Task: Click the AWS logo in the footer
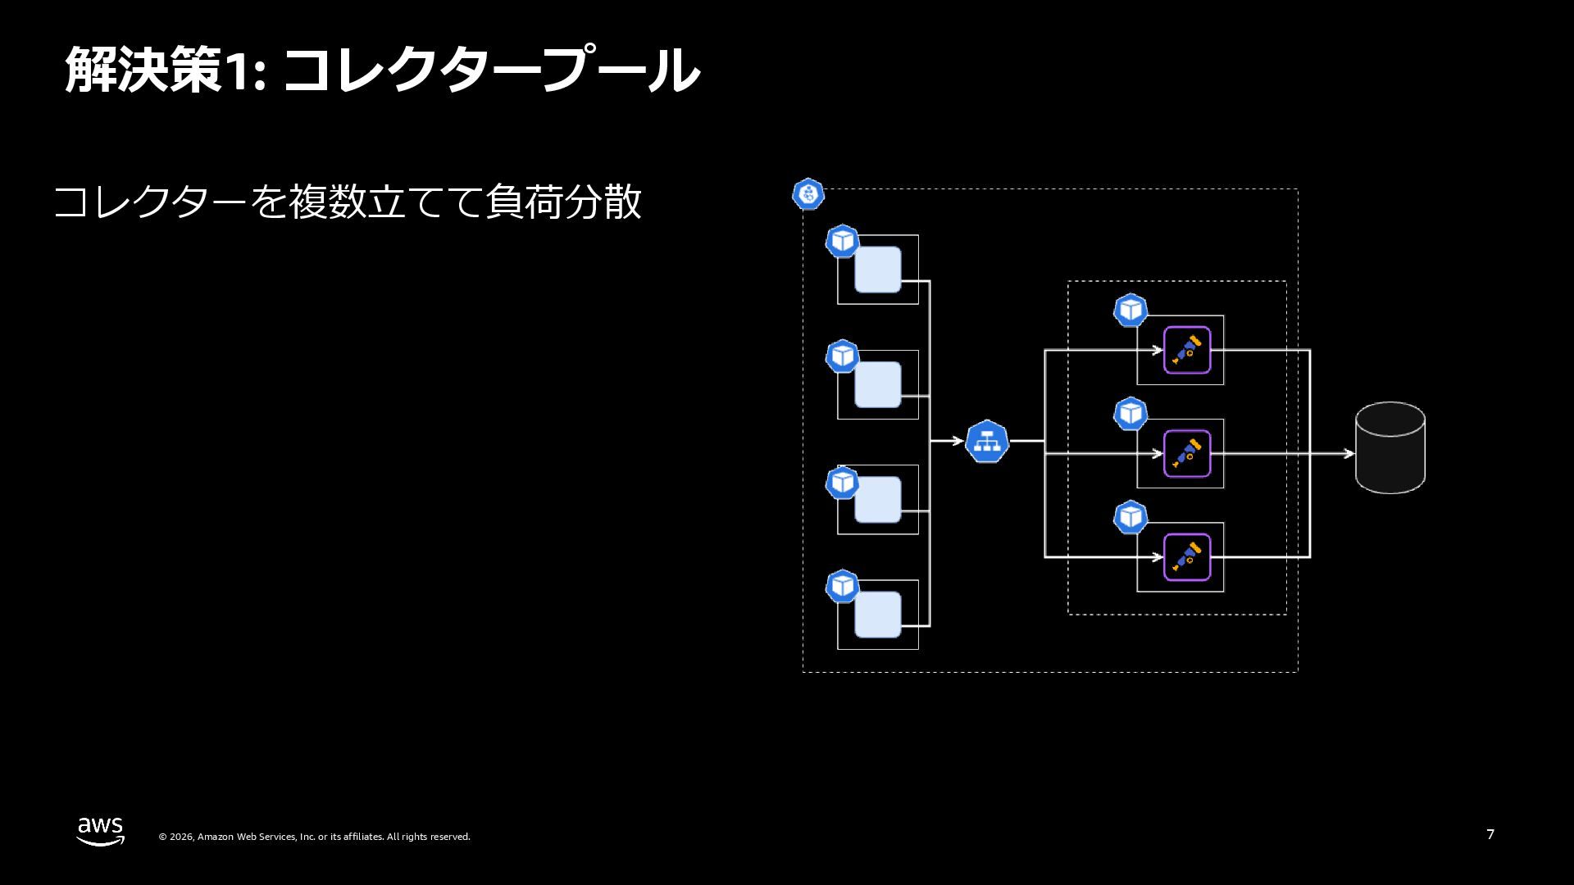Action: pos(101,831)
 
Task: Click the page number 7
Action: pos(1490,834)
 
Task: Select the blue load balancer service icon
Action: pos(987,442)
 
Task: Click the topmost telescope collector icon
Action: pos(1187,350)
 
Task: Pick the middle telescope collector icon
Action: pos(1187,453)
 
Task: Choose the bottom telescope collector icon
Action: pos(1187,557)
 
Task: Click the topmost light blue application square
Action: pos(877,270)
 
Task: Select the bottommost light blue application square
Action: pos(877,615)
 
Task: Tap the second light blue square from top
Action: pos(877,384)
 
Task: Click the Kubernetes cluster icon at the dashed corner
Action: pos(808,194)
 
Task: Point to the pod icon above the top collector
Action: pos(1130,311)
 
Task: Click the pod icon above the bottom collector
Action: pos(1130,517)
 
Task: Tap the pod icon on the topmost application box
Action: pos(842,242)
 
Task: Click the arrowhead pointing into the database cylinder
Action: pos(1348,453)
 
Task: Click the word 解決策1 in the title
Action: pos(164,70)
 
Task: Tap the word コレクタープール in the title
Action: pos(490,70)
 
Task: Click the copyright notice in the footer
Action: pos(314,837)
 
